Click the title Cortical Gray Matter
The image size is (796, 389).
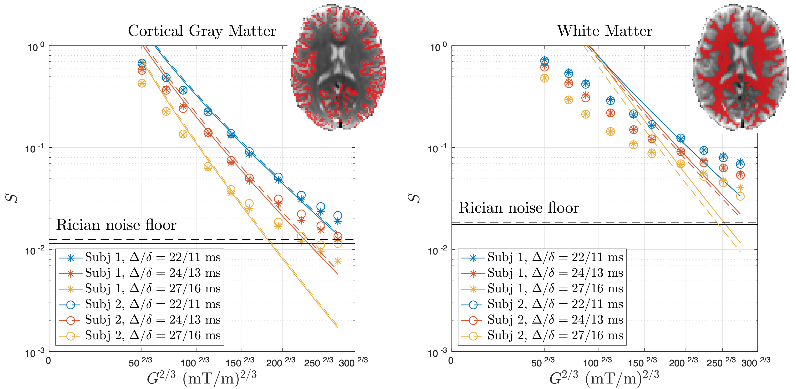click(x=202, y=31)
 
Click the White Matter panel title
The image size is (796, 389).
click(x=605, y=31)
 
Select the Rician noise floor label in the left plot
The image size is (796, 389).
click(x=116, y=225)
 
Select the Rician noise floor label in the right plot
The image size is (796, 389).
click(x=519, y=208)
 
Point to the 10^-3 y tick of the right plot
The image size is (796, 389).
click(x=438, y=353)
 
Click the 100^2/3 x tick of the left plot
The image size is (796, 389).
click(x=195, y=362)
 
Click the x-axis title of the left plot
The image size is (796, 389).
click(x=202, y=378)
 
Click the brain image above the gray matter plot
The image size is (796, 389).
click(x=338, y=67)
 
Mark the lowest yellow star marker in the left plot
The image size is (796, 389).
click(x=338, y=261)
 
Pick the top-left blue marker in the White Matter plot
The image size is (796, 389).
click(x=544, y=60)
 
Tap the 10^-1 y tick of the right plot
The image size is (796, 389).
click(x=438, y=149)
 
